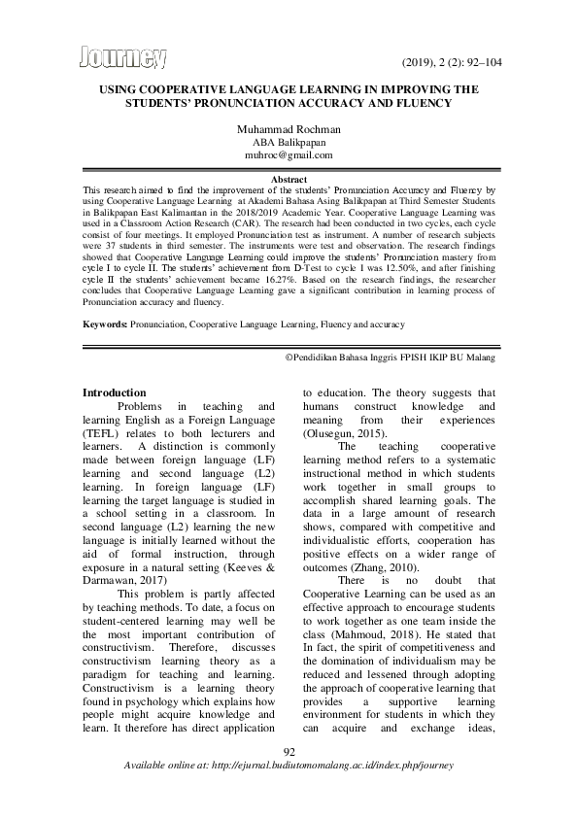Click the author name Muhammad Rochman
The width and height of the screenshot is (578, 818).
click(289, 127)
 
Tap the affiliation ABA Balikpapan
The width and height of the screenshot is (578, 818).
click(289, 141)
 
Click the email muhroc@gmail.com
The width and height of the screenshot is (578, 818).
click(289, 154)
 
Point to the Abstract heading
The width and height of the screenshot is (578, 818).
click(289, 181)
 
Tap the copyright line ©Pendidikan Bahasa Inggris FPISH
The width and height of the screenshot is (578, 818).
click(390, 358)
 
